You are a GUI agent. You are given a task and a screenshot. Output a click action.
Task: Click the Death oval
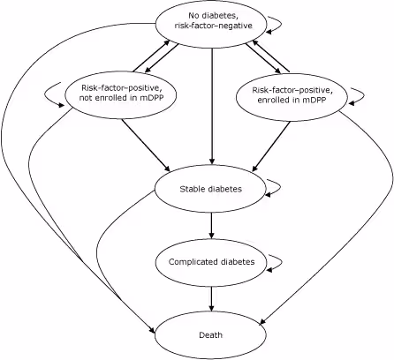[210, 335]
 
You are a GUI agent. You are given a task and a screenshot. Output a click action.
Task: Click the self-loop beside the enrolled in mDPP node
[360, 95]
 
